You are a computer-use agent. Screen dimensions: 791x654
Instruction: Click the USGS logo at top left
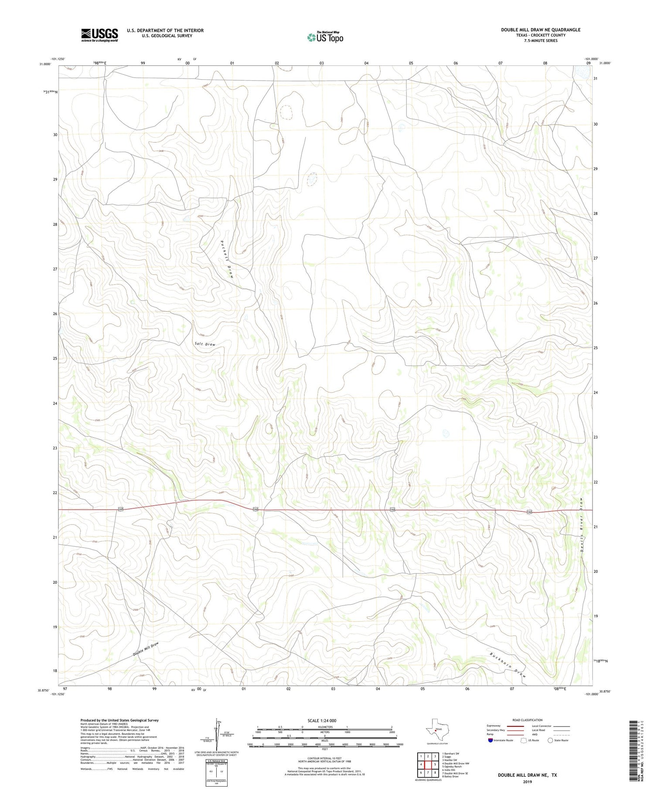point(99,35)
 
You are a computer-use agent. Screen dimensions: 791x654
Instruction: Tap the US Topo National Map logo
point(325,37)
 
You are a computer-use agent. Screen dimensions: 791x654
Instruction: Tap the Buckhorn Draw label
point(508,665)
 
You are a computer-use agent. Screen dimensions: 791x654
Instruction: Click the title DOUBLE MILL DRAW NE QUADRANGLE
point(540,30)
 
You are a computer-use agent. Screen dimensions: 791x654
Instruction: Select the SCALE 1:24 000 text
point(324,720)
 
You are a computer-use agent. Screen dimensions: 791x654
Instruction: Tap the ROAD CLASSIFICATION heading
point(527,720)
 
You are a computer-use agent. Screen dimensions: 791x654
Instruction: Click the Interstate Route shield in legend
point(490,740)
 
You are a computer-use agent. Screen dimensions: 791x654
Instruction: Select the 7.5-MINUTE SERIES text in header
point(540,41)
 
